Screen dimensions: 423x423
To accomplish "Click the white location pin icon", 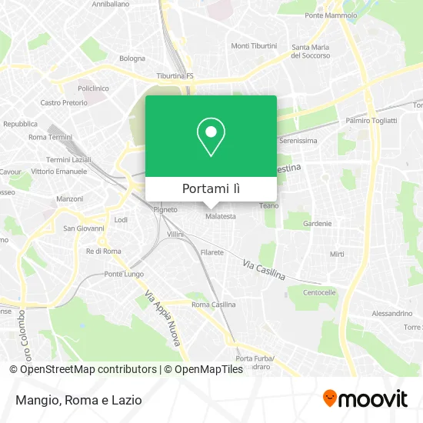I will pyautogui.click(x=211, y=137).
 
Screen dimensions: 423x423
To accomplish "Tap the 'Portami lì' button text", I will pyautogui.click(x=211, y=189).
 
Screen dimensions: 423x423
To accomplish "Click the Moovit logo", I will pyautogui.click(x=365, y=398).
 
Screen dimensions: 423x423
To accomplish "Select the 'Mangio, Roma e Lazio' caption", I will pyautogui.click(x=75, y=399).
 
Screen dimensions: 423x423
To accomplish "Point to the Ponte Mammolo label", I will pyautogui.click(x=330, y=15).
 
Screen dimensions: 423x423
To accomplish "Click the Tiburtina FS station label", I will pyautogui.click(x=175, y=75).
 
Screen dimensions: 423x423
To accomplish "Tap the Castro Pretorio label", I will pyautogui.click(x=63, y=102).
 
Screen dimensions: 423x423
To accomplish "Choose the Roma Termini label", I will pyautogui.click(x=49, y=137).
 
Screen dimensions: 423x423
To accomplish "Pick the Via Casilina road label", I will pyautogui.click(x=263, y=269).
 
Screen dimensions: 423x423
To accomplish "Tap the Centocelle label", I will pyautogui.click(x=319, y=292).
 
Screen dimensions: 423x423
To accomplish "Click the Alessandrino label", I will pyautogui.click(x=391, y=314).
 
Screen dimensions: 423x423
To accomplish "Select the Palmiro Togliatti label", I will pyautogui.click(x=371, y=121).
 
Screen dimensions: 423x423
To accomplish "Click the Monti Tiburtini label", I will pyautogui.click(x=254, y=46).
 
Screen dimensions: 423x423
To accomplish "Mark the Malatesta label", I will pyautogui.click(x=221, y=217).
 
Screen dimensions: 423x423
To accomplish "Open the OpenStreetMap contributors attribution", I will pyautogui.click(x=88, y=369).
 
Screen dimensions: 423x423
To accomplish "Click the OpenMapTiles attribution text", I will pyautogui.click(x=205, y=369).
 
